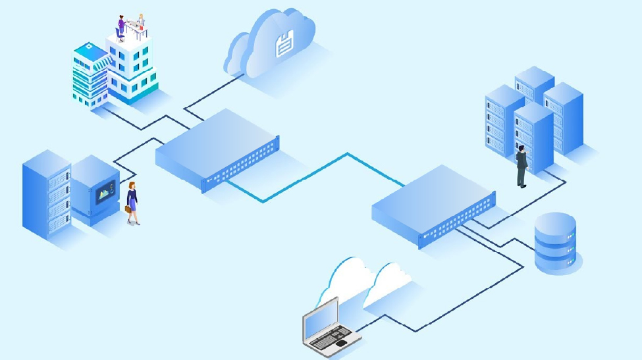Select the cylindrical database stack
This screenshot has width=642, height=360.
point(555,243)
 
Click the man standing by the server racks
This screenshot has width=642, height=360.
point(522,165)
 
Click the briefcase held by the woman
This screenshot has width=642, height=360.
point(128,209)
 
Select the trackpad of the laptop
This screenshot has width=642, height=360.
point(340,344)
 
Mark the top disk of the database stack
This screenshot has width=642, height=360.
point(555,223)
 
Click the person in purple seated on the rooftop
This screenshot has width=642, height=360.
point(121,26)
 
